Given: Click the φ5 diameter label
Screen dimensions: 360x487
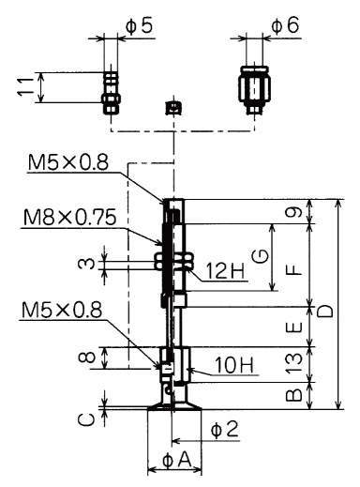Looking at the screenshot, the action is coord(140,25).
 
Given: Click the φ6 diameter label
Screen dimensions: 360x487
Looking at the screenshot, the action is coord(285,25).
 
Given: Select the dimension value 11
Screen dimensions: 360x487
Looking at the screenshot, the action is coord(25,86).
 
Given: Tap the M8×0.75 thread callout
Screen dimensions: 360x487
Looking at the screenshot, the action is coord(69,218).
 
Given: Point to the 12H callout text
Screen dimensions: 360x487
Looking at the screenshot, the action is coord(226,270).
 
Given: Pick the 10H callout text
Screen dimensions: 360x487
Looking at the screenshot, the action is coord(233,365).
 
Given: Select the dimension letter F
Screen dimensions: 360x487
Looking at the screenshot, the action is coord(293,269).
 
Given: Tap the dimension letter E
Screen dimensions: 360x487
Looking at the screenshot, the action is coord(293,327).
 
